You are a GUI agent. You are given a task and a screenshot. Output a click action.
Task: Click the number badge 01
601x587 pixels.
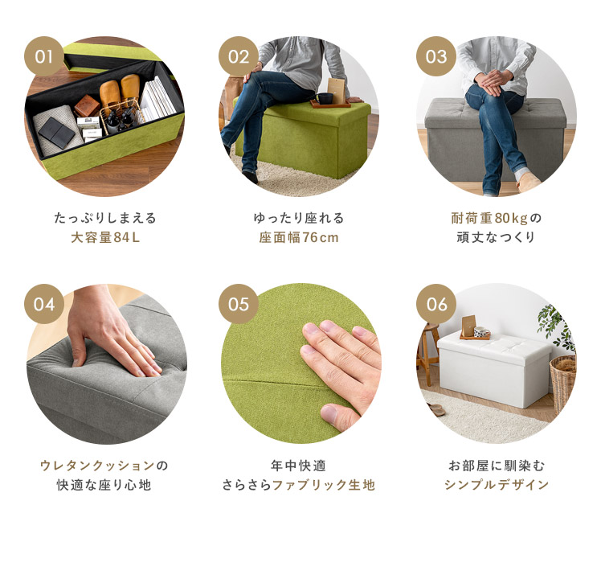pyautogui.click(x=44, y=56)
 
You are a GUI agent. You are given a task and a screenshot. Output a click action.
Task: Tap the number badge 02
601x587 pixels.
pyautogui.click(x=239, y=56)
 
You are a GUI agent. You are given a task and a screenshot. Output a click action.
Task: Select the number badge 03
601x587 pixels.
pyautogui.click(x=436, y=56)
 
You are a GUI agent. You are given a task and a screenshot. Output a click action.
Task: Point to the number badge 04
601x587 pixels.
pyautogui.click(x=44, y=304)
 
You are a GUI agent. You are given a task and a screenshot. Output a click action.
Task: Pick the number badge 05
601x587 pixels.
pyautogui.click(x=239, y=304)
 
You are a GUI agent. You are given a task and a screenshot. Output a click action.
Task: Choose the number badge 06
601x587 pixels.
pyautogui.click(x=436, y=304)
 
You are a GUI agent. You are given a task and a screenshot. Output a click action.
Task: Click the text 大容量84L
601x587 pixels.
pyautogui.click(x=105, y=237)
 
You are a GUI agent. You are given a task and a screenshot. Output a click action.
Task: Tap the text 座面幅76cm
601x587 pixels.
pyautogui.click(x=299, y=237)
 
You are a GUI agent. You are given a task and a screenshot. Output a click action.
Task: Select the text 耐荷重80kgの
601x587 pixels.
pyautogui.click(x=497, y=218)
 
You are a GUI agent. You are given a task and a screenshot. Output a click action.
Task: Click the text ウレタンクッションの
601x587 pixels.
pyautogui.click(x=104, y=466)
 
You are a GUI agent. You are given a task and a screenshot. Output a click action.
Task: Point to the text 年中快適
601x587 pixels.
pyautogui.click(x=299, y=466)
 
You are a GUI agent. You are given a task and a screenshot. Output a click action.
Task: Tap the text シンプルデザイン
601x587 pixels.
pyautogui.click(x=497, y=485)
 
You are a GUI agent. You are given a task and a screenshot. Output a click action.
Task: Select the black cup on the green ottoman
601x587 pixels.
pyautogui.click(x=325, y=98)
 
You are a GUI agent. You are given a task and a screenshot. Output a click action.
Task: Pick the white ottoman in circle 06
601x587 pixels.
pyautogui.click(x=494, y=369)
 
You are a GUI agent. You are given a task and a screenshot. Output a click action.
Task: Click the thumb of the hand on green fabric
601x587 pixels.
pyautogui.click(x=340, y=414)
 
